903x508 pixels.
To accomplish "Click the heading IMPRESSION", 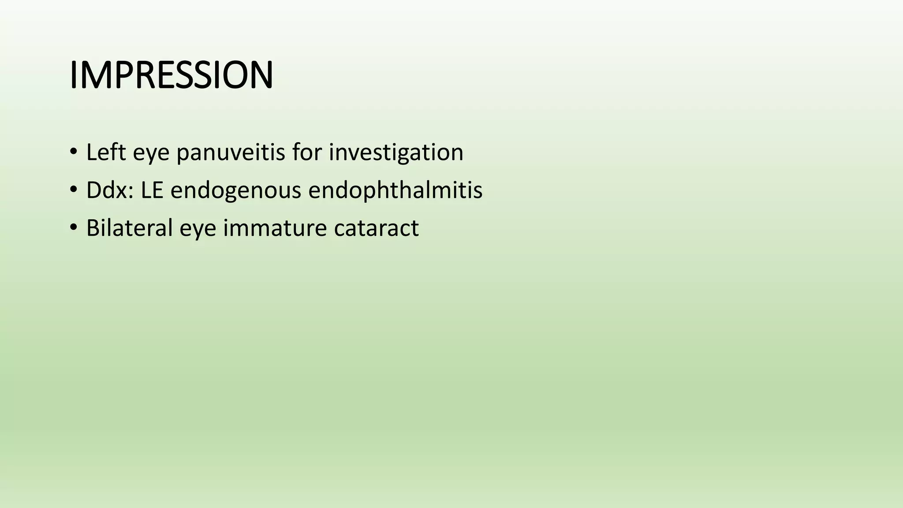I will click(x=171, y=75).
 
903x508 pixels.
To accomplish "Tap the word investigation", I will click(x=396, y=153).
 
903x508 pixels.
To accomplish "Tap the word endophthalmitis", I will click(x=395, y=190).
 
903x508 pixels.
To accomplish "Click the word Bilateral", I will click(x=129, y=228).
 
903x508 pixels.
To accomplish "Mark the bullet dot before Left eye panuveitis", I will click(x=73, y=152).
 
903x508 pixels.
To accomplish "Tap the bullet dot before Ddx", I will click(x=73, y=190).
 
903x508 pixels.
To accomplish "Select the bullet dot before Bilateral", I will click(x=73, y=228).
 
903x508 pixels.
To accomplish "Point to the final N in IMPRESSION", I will click(x=261, y=75).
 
